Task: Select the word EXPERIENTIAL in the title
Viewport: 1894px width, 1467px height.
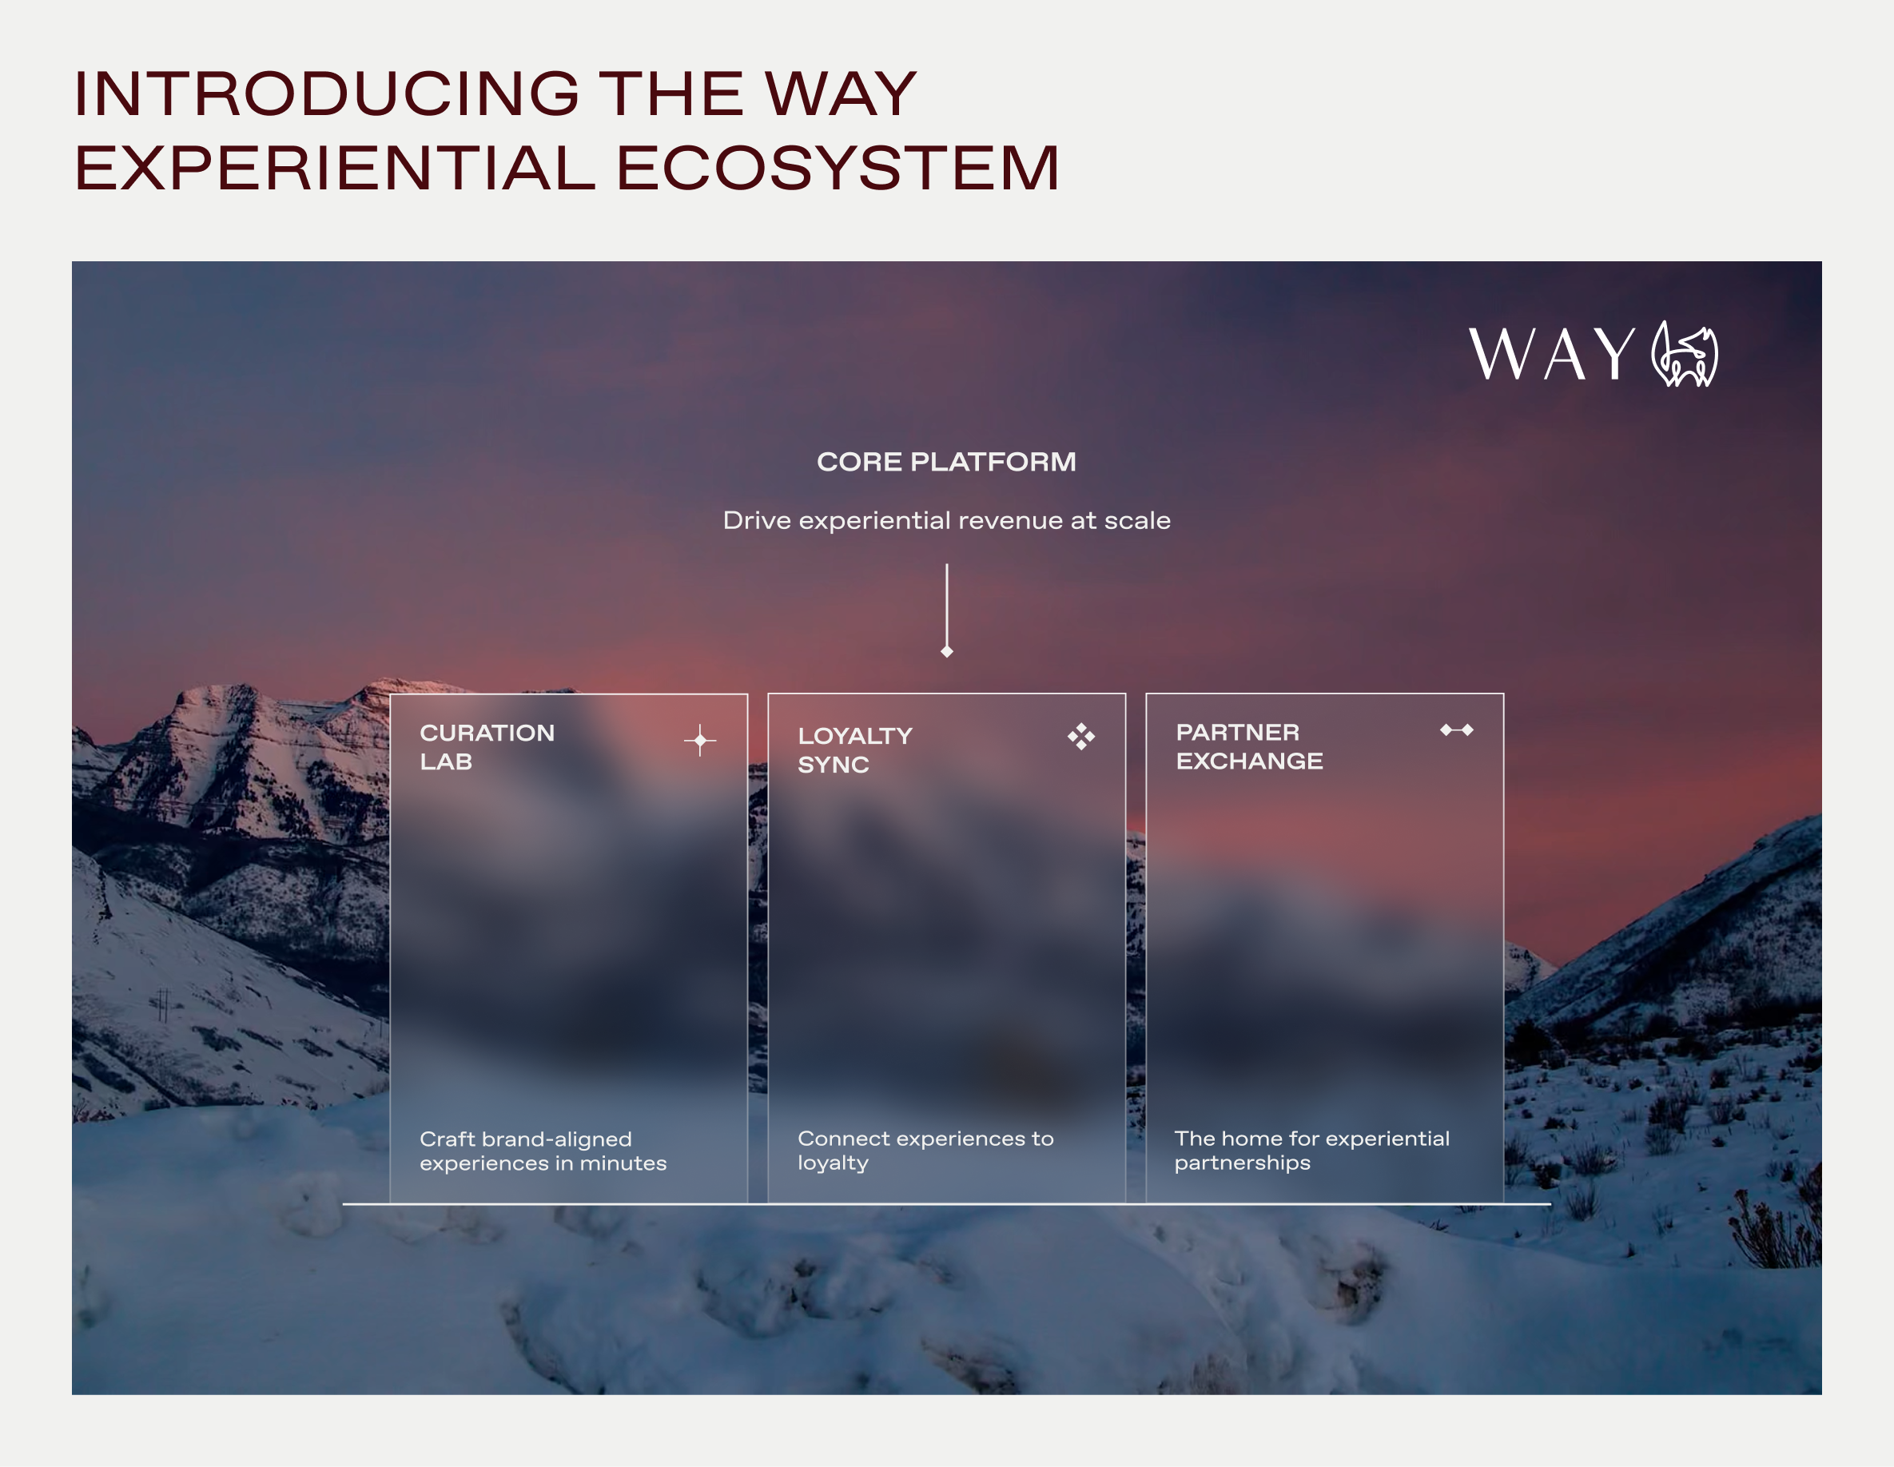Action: pos(335,169)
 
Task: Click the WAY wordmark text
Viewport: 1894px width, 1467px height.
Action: pos(1551,355)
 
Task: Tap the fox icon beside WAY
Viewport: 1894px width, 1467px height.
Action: pos(1684,355)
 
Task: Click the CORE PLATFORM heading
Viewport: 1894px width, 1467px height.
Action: pos(946,462)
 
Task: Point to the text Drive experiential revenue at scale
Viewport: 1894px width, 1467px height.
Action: pos(946,520)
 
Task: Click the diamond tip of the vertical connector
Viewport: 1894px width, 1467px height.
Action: pos(947,651)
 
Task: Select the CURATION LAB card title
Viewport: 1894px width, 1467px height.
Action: pos(487,747)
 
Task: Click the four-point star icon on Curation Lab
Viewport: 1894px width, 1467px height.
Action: pos(700,741)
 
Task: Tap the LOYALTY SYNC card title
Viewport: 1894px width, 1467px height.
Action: pos(854,750)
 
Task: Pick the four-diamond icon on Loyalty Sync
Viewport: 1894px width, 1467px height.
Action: pos(1080,737)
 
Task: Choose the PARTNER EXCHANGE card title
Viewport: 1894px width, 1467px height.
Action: pos(1249,746)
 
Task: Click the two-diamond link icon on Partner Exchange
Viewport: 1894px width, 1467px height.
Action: pos(1456,730)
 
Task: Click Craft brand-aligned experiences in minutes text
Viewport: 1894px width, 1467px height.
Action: pos(543,1151)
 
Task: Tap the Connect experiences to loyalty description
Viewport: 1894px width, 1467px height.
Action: pos(925,1150)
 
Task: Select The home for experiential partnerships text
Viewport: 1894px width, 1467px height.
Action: pos(1311,1150)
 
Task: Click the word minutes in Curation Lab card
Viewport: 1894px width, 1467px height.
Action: pos(623,1163)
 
